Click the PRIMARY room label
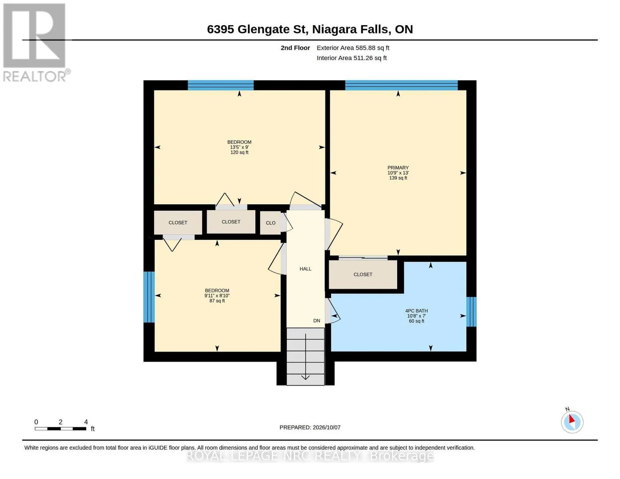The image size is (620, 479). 398,168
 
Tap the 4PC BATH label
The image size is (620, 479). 416,311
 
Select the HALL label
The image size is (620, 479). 305,269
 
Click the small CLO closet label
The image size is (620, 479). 271,223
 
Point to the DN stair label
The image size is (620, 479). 317,321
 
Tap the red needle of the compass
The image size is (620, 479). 572,419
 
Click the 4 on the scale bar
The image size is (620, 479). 86,422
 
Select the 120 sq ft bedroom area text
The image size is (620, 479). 240,152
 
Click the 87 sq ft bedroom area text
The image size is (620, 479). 217,301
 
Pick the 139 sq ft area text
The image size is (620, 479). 398,178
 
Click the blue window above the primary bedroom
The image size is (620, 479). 402,85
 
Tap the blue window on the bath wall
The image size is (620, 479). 471,312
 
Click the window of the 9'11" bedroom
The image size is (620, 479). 149,297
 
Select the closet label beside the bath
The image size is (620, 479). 363,275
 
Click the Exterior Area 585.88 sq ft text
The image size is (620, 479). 353,48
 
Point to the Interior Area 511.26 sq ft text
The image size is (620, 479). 351,58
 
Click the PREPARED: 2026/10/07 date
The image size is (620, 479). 310,428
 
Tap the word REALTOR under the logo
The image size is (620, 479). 35,77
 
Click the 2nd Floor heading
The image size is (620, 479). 295,48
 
